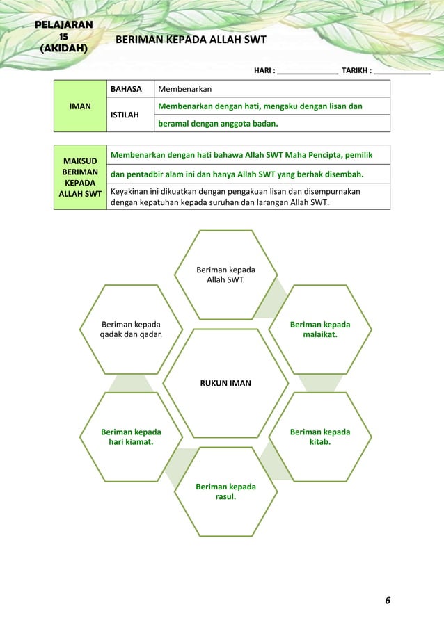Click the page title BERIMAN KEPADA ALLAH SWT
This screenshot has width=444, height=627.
click(191, 40)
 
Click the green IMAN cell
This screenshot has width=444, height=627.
click(81, 106)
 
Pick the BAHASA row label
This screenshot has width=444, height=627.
click(127, 89)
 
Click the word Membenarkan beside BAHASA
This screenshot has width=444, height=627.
click(185, 89)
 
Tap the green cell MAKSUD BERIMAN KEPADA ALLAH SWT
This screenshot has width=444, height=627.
click(80, 177)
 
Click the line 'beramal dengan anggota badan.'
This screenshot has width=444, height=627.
click(218, 124)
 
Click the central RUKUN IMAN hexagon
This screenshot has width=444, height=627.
click(225, 383)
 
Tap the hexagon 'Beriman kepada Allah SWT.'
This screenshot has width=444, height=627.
click(225, 275)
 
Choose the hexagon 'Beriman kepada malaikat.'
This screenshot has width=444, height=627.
click(319, 329)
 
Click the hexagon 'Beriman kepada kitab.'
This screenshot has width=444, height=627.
click(319, 437)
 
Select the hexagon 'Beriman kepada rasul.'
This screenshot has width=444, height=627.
click(225, 491)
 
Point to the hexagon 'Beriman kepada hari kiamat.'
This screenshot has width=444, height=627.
click(131, 437)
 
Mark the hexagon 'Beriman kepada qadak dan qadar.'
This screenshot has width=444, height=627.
click(131, 329)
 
